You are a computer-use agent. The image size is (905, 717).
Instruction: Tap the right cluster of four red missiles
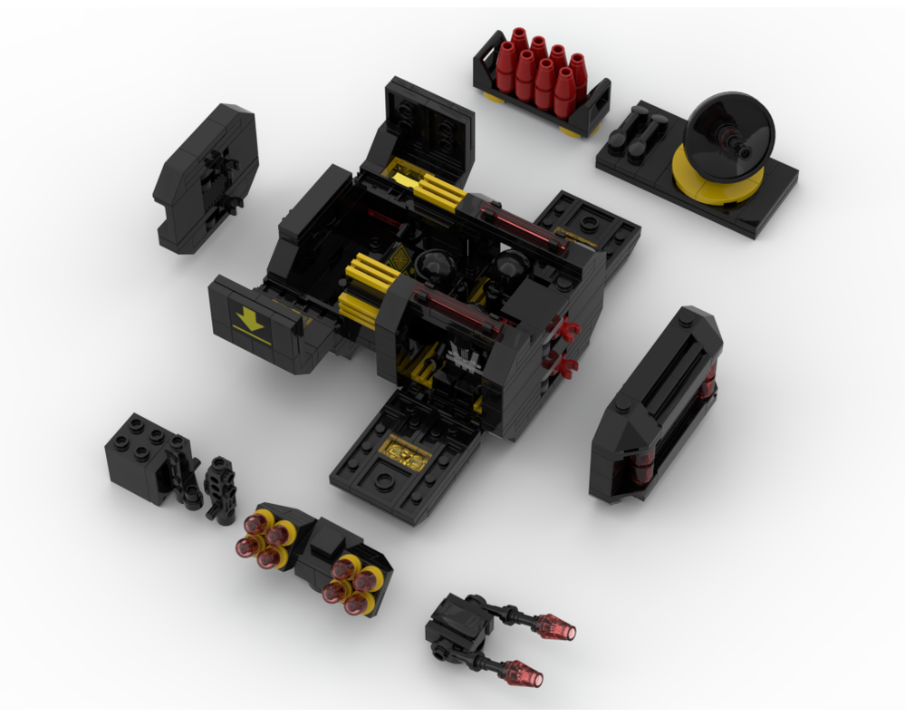click(352, 584)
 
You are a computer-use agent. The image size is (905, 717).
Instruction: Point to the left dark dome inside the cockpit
click(435, 267)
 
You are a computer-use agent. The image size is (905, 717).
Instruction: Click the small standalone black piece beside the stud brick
click(219, 489)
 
